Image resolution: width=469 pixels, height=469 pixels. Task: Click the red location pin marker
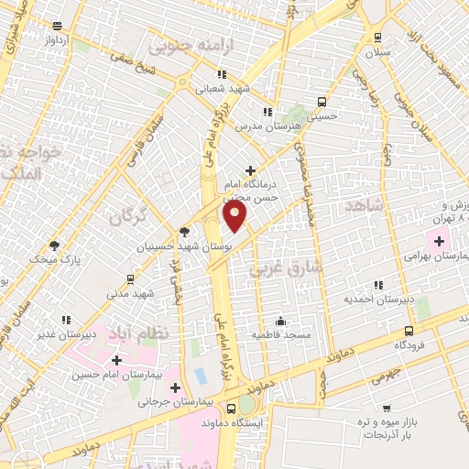235,215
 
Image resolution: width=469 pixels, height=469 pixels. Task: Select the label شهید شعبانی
220,89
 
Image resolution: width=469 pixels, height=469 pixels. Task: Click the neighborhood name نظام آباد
145,333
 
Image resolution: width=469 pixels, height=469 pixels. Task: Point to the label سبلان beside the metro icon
377,52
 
